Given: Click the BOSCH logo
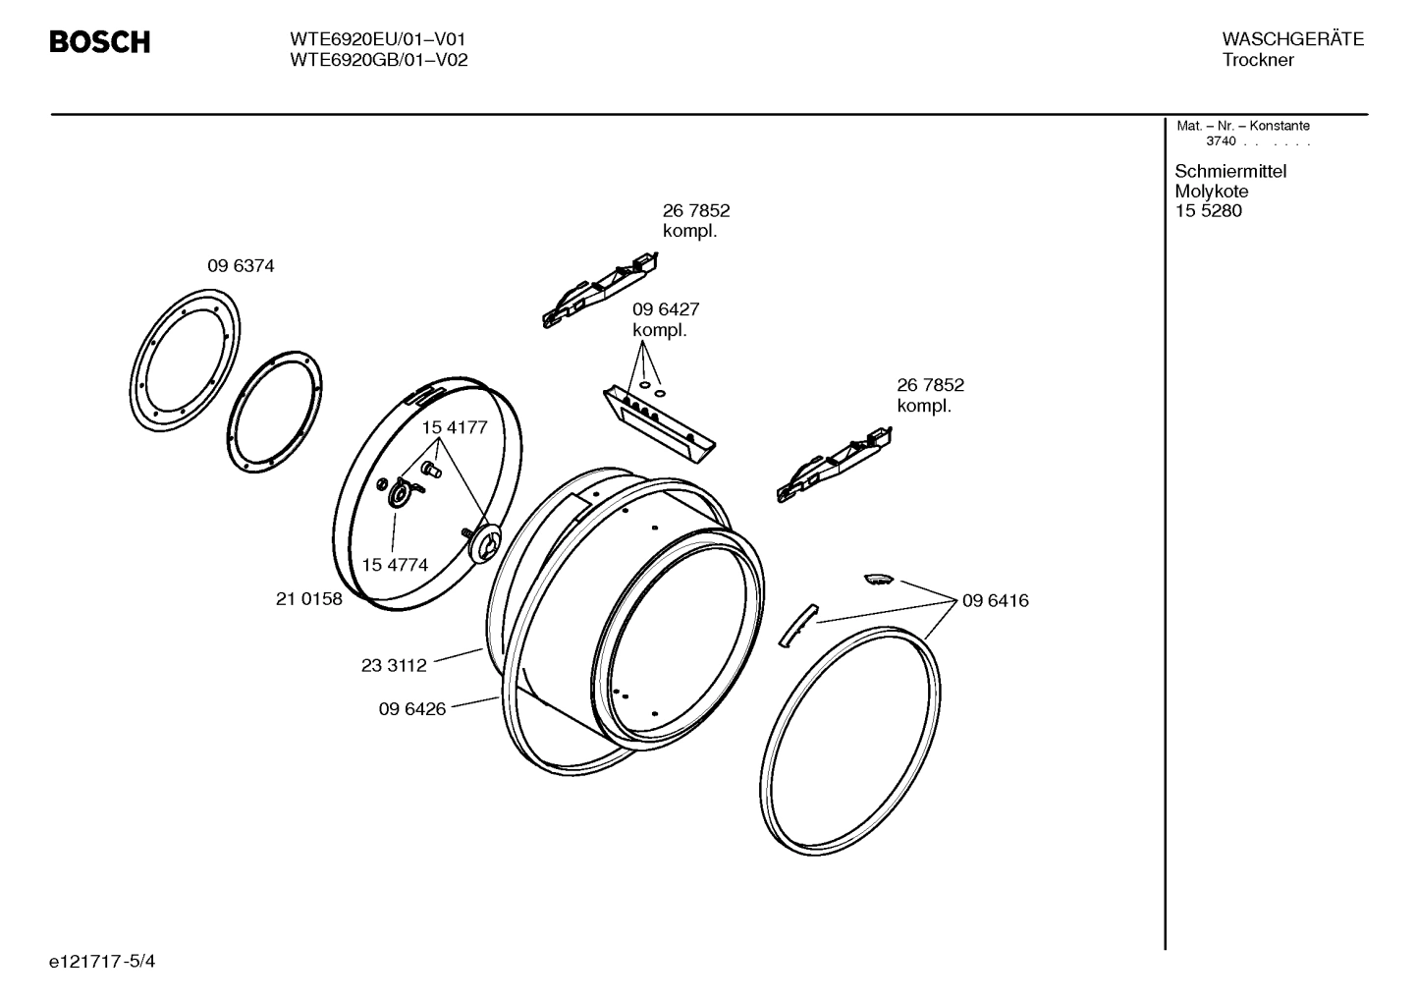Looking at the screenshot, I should (99, 42).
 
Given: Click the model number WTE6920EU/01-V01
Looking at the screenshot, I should (377, 39).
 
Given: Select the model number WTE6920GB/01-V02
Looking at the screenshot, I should (378, 60).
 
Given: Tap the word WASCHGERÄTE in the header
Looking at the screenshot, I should (1292, 39).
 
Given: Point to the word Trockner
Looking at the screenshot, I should (1258, 60).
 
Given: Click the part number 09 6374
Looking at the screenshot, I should (241, 265).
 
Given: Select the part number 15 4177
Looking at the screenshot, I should (455, 427).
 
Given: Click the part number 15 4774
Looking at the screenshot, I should (395, 565).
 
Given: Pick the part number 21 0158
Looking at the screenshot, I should (309, 598).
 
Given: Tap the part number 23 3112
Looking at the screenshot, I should (394, 665).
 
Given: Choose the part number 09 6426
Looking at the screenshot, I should (412, 708).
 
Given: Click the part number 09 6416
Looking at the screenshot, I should (995, 600).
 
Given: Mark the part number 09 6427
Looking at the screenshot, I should (666, 309).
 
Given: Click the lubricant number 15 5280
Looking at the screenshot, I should (1208, 211).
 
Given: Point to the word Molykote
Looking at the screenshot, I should (1211, 192).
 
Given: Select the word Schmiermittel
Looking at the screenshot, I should (1230, 171).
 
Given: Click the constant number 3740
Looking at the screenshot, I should (1221, 141).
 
